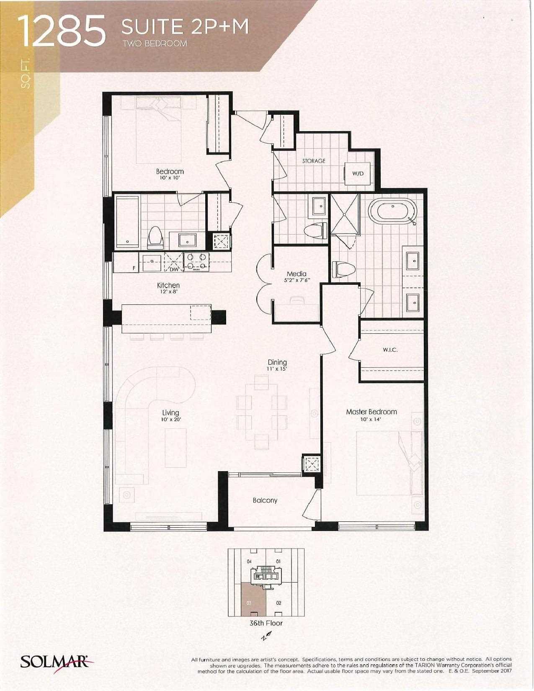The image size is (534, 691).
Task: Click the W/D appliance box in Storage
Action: [x=358, y=173]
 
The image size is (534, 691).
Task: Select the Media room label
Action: [x=297, y=273]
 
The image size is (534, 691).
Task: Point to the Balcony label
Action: [x=265, y=500]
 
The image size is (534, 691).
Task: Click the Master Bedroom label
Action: [x=371, y=412]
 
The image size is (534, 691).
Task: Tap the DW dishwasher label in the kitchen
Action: [x=174, y=269]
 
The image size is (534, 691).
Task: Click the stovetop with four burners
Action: [x=196, y=262]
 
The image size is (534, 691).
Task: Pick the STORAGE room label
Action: [x=314, y=161]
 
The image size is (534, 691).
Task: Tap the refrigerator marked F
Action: [x=126, y=262]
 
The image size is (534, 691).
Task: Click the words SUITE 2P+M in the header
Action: [x=185, y=27]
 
